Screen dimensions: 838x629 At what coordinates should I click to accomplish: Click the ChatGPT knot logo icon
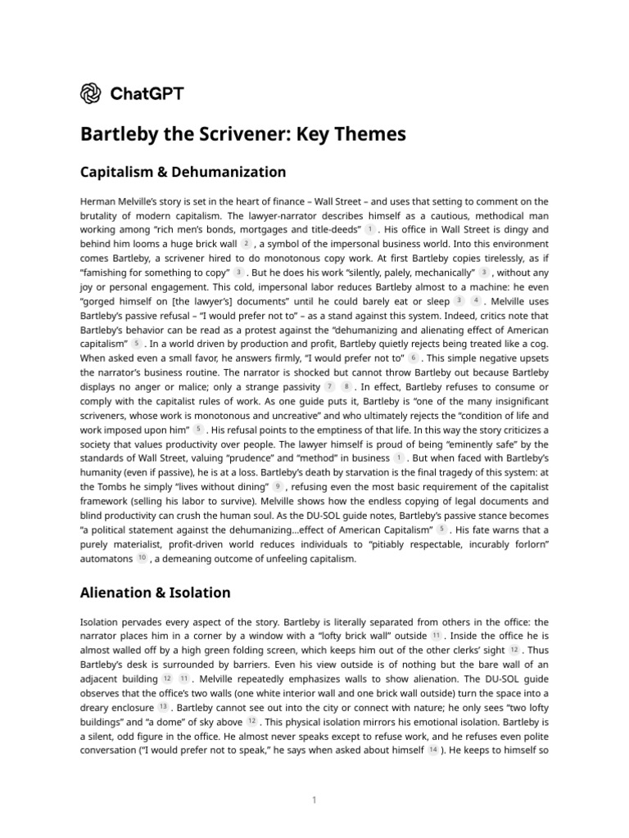pos(92,94)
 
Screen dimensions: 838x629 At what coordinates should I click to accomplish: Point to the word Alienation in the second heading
pos(120,592)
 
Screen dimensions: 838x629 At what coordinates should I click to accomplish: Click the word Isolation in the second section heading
pos(202,592)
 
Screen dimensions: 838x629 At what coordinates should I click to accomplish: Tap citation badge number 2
pos(246,244)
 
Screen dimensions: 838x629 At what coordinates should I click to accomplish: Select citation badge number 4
pos(476,300)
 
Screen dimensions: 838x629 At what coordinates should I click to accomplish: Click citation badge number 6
pos(414,357)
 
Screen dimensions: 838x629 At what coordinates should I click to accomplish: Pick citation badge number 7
pos(329,385)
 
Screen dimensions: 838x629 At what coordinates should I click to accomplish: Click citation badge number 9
pos(278,486)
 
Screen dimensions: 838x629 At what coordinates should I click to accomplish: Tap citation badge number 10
pos(142,557)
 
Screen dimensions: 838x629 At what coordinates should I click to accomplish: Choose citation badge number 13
pos(163,707)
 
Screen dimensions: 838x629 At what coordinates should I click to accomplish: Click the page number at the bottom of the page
pos(314,800)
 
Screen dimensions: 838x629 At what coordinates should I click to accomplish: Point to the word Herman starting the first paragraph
pos(98,201)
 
